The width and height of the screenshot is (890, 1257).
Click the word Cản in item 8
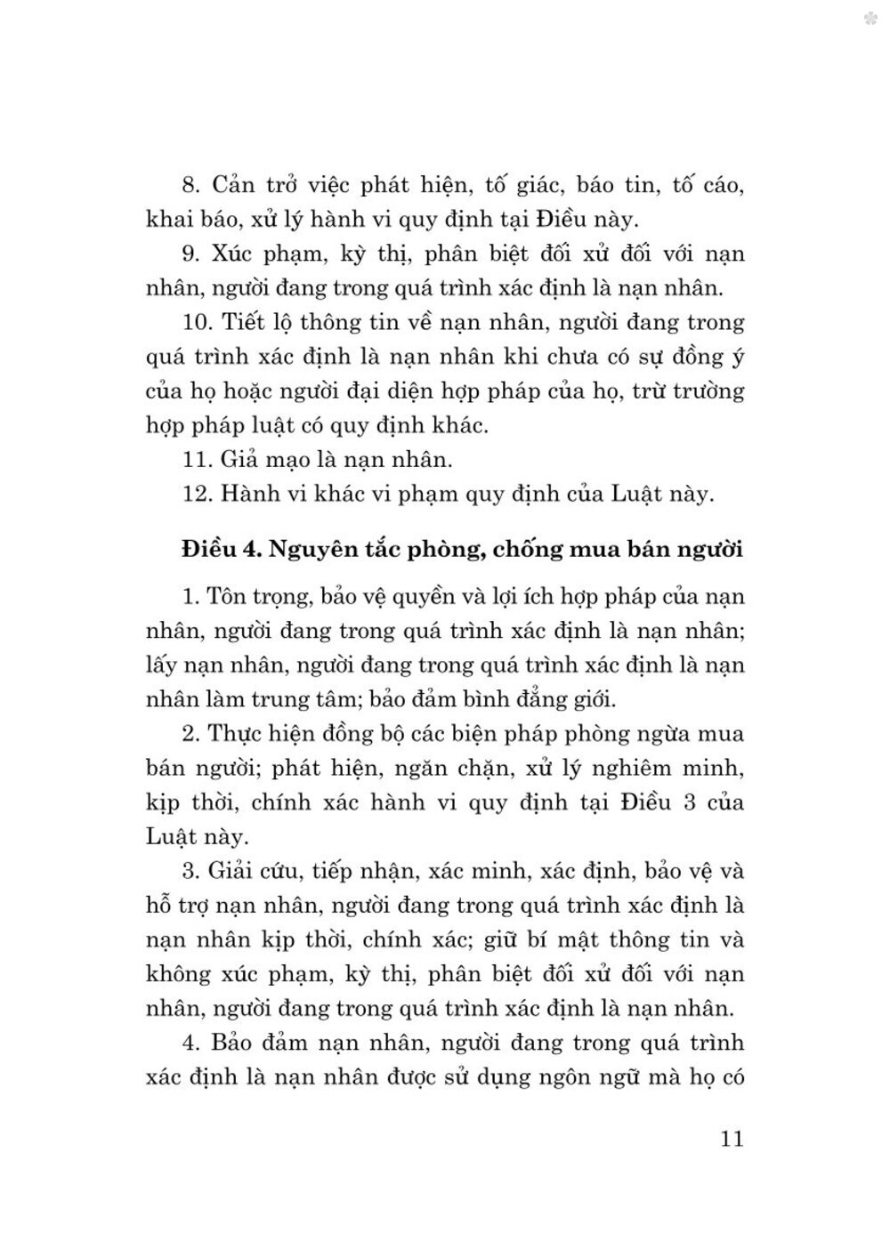pyautogui.click(x=234, y=185)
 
